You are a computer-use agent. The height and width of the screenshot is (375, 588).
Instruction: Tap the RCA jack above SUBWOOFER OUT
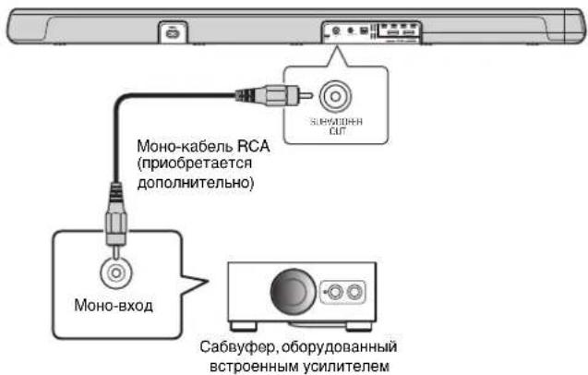[333, 95]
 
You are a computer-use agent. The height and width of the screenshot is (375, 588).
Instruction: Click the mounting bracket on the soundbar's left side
[174, 32]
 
